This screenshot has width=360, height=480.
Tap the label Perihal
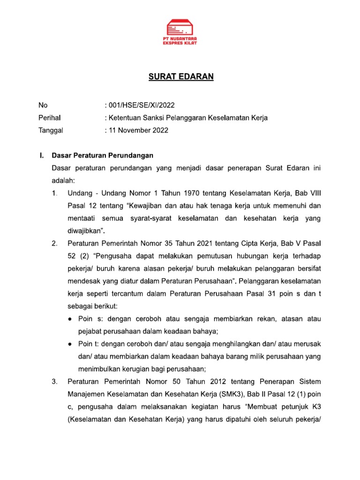(49, 118)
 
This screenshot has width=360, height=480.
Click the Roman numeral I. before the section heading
(41, 155)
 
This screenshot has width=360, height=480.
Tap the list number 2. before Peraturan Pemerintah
(55, 243)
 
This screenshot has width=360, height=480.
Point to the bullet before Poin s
(70, 319)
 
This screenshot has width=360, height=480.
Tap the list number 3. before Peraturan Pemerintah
(55, 382)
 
